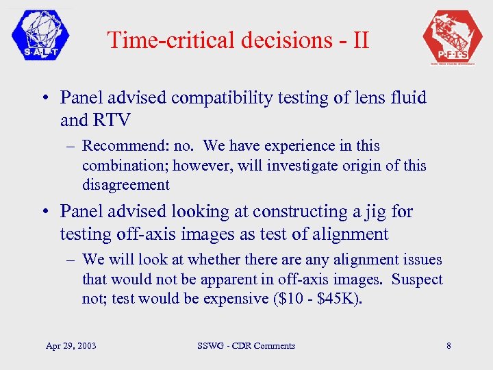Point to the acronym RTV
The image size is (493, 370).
pos(110,120)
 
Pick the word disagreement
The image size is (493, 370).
pos(125,184)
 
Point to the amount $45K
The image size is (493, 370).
pos(336,299)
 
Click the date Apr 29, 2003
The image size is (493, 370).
pos(72,345)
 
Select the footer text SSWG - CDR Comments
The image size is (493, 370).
pos(245,345)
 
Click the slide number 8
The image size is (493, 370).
pos(448,345)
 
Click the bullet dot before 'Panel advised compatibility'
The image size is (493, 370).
pos(43,99)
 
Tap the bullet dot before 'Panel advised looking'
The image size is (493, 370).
pos(43,212)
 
